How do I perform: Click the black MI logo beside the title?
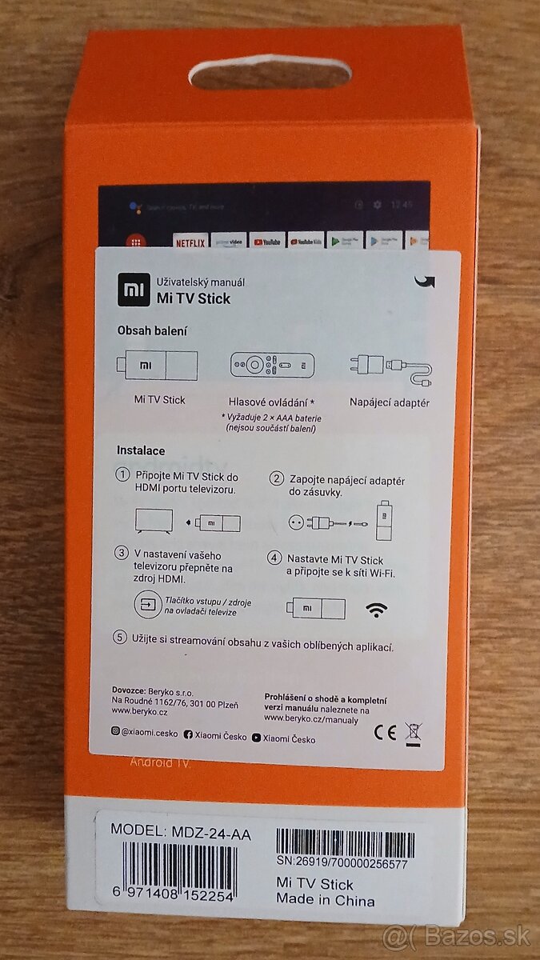pyautogui.click(x=134, y=290)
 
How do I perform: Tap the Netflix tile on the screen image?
pyautogui.click(x=190, y=242)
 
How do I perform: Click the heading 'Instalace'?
pyautogui.click(x=141, y=450)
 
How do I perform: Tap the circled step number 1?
pyautogui.click(x=122, y=476)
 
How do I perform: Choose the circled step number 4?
pyautogui.click(x=274, y=558)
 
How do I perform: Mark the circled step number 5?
pyautogui.click(x=121, y=638)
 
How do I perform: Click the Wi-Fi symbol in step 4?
pyautogui.click(x=377, y=610)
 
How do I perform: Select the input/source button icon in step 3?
pyautogui.click(x=147, y=605)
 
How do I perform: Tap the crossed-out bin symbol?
pyautogui.click(x=414, y=730)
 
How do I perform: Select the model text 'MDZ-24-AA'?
pyautogui.click(x=211, y=834)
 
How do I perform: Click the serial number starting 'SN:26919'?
pyautogui.click(x=342, y=864)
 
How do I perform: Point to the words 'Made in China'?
pyautogui.click(x=325, y=900)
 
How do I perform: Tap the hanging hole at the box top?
pyautogui.click(x=270, y=72)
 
